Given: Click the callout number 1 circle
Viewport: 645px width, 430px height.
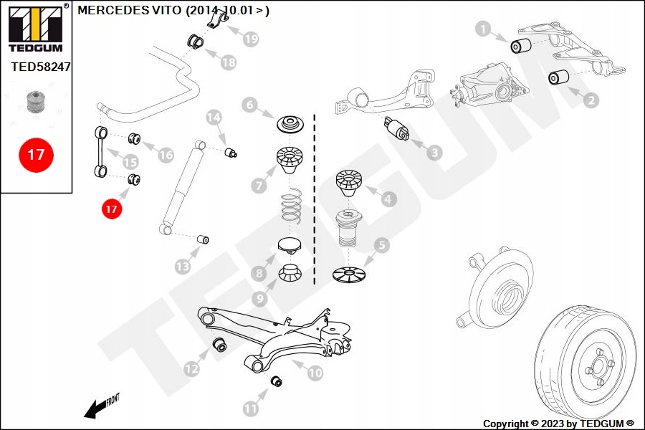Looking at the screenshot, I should point(483,29).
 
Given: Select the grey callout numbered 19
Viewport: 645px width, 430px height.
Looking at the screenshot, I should point(250,39).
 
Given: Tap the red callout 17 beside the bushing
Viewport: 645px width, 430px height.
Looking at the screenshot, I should point(111,209).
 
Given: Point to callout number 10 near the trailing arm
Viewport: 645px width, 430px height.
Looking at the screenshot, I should point(315,373).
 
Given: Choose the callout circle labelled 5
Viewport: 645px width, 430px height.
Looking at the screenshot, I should point(383,246).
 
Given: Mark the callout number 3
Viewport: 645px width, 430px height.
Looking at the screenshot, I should point(434,152).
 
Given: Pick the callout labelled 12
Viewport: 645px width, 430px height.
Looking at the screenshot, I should point(191,369).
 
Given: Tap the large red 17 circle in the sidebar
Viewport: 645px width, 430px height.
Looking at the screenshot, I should point(36,154).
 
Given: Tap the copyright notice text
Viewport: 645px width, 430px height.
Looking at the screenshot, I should point(558,424).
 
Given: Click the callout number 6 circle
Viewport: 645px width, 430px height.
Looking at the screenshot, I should point(249,105).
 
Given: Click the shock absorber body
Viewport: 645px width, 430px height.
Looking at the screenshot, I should point(183,186).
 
